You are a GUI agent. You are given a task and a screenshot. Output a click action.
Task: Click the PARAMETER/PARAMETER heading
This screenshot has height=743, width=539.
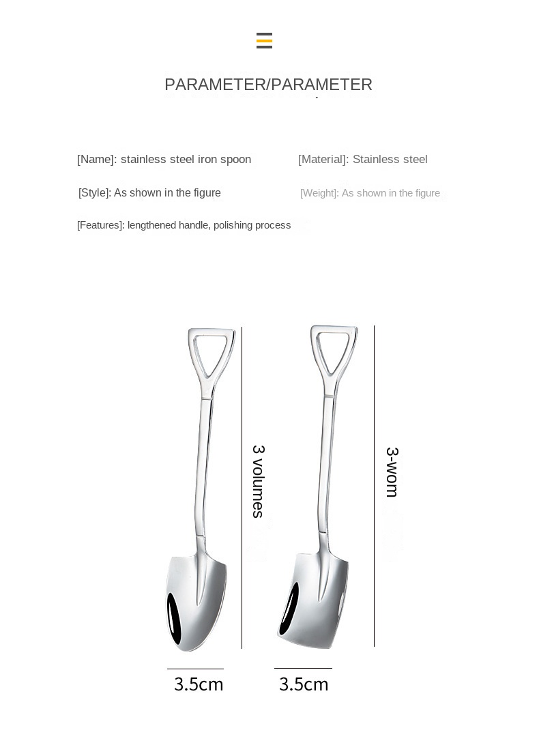pos(268,85)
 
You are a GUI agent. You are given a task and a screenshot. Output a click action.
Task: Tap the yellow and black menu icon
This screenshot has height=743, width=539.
pos(264,41)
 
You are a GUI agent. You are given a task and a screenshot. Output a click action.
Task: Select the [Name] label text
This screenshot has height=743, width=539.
pos(96,160)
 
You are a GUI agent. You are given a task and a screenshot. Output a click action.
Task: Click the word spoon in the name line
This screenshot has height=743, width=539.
pos(235,160)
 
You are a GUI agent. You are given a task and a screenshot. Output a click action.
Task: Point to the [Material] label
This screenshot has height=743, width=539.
pos(323,160)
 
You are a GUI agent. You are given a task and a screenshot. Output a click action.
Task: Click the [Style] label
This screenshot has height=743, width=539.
pos(94,193)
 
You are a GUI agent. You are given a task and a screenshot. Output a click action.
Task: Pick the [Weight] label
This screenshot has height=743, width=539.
pos(319,193)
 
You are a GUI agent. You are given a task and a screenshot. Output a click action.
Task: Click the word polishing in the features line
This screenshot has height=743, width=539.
pos(233,225)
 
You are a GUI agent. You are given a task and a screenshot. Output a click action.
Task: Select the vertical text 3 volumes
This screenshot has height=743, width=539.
pos(258,481)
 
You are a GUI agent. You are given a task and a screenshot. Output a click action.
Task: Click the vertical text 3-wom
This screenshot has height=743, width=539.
pos(392,471)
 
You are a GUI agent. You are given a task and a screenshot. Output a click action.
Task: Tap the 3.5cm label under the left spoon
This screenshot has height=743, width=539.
pos(199,684)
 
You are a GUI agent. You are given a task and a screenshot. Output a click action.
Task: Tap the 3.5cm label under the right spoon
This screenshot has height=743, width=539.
pos(304,684)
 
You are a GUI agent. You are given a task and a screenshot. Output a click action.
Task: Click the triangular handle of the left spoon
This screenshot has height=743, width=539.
pos(212,355)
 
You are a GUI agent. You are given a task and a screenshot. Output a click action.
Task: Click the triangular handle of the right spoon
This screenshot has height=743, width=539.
pos(334,351)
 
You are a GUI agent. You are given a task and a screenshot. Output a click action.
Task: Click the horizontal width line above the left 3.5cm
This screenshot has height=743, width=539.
pos(195,669)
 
